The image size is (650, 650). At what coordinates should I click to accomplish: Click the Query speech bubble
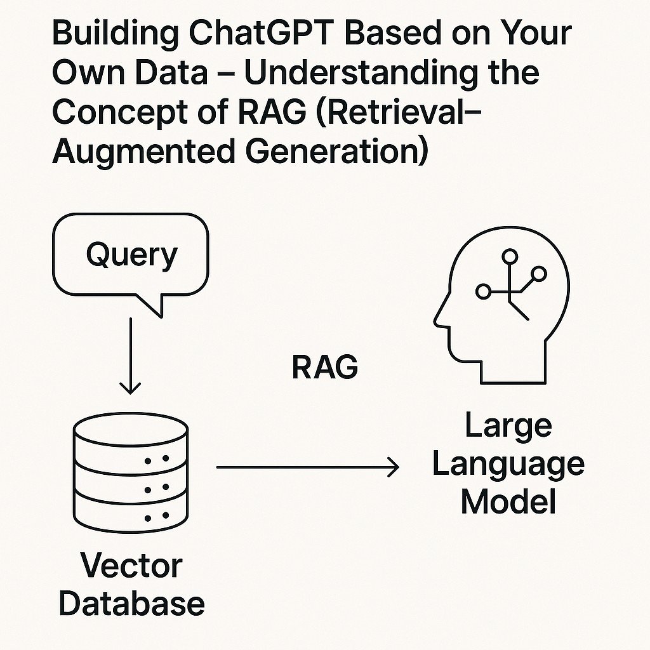click(132, 256)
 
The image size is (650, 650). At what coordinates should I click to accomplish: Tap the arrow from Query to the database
click(130, 355)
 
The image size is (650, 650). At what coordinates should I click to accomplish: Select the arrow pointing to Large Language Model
click(307, 468)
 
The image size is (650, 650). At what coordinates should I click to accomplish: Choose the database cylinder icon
click(131, 472)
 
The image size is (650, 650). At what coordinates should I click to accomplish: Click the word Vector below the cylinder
click(131, 566)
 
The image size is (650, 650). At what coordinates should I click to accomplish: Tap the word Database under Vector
click(131, 602)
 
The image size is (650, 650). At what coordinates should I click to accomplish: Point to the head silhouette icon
click(501, 311)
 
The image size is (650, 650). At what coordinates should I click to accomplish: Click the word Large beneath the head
click(508, 427)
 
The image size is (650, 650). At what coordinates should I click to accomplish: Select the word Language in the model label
click(508, 464)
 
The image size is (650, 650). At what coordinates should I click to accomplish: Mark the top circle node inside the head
click(509, 256)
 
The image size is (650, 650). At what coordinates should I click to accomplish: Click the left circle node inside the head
click(483, 292)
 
